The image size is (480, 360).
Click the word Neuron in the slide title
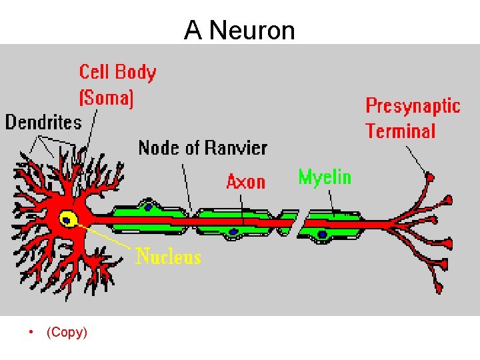pos(251,30)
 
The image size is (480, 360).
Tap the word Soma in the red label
pos(107,99)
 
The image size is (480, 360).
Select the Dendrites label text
pos(43,122)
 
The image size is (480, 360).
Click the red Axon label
pos(245,181)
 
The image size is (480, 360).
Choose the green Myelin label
pos(325,177)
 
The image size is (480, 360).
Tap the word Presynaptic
pos(413,106)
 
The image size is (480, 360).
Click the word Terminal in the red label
pos(400,131)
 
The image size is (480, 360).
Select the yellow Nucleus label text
pos(169,256)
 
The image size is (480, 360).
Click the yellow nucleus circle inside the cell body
pos(67,219)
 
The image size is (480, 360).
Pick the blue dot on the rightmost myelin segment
pos(323,234)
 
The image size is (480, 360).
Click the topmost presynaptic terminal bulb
pos(430,177)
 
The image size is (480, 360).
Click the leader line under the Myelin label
pos(331,200)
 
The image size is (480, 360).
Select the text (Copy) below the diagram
pos(67,332)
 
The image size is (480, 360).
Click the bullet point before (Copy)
pos(31,332)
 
